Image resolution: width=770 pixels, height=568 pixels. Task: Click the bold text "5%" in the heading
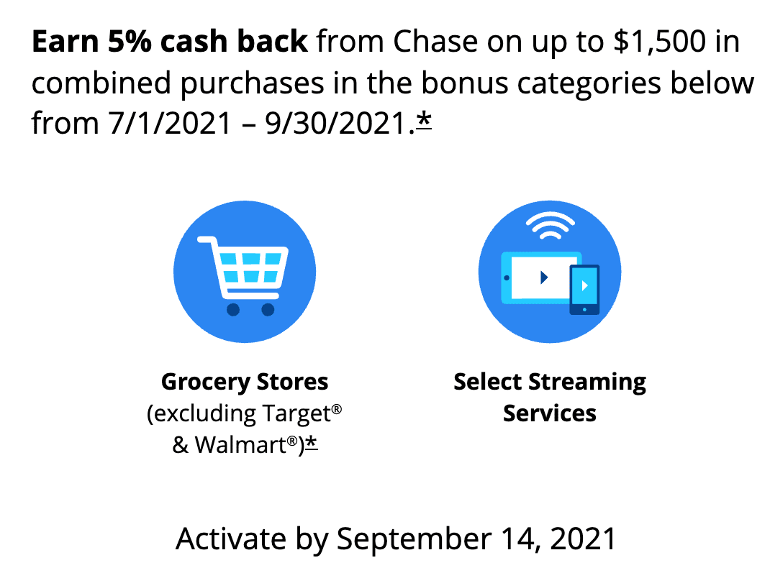tap(129, 41)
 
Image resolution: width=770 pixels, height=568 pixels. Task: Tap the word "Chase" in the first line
tap(435, 41)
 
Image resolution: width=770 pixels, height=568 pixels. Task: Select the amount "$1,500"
tap(659, 41)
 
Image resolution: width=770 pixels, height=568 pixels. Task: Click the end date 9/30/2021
tap(335, 123)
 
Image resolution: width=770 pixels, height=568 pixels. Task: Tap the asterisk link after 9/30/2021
tap(424, 121)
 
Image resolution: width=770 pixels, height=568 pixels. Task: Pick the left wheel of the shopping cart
tap(232, 309)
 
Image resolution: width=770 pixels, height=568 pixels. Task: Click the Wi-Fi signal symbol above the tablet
tap(550, 226)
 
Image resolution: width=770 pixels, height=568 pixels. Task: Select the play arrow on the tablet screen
tap(543, 278)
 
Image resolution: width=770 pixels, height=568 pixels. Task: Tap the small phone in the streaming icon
tap(584, 290)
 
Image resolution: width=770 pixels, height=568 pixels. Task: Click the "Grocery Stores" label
tap(245, 382)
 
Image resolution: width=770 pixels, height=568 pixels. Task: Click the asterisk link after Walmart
tap(312, 444)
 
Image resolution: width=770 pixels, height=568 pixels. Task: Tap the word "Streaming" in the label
tap(587, 382)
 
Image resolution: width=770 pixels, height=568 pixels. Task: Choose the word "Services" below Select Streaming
tap(550, 413)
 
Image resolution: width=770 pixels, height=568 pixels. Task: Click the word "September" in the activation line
tap(414, 539)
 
